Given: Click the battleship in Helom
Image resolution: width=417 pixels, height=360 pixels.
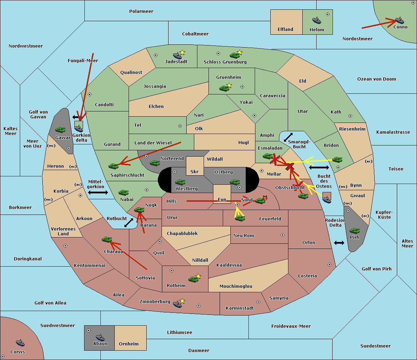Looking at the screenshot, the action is tap(317, 20).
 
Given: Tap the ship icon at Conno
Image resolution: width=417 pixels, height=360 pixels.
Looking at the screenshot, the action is tap(400, 20).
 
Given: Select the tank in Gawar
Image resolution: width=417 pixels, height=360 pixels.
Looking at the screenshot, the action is tap(60, 130).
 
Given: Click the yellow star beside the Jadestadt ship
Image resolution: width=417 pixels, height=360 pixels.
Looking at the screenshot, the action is tap(182, 52).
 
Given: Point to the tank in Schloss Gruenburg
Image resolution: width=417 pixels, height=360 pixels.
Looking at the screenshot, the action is tap(235, 55).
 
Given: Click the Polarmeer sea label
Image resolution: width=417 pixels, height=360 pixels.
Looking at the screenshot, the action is tap(141, 11).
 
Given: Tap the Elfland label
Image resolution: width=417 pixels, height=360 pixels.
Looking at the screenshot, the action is tap(285, 30).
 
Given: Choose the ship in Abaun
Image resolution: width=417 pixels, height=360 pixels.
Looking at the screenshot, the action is tap(100, 337).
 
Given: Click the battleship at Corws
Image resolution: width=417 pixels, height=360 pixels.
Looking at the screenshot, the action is tap(20, 343).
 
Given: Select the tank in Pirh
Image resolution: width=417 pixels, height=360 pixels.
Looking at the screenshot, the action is tap(354, 231).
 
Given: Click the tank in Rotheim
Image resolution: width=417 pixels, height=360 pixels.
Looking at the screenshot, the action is tap(193, 279).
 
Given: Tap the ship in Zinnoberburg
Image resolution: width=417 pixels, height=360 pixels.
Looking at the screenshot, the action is tap(178, 304).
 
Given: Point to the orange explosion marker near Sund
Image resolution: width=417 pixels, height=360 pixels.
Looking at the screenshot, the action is tap(265, 198).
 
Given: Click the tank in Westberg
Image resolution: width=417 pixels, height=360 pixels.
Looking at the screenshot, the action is tap(180, 182).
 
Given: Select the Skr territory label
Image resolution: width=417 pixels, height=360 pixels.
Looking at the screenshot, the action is tap(195, 171).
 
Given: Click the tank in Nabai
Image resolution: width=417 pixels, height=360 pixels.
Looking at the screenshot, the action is tap(123, 192).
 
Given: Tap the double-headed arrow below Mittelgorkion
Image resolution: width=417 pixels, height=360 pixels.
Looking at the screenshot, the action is tap(98, 192).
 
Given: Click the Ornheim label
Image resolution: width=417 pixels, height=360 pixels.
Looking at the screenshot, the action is tap(129, 344).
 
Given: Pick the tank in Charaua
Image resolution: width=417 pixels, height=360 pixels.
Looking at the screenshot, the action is tap(107, 240).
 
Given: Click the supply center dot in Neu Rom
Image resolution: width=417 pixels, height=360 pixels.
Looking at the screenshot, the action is tap(283, 235).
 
